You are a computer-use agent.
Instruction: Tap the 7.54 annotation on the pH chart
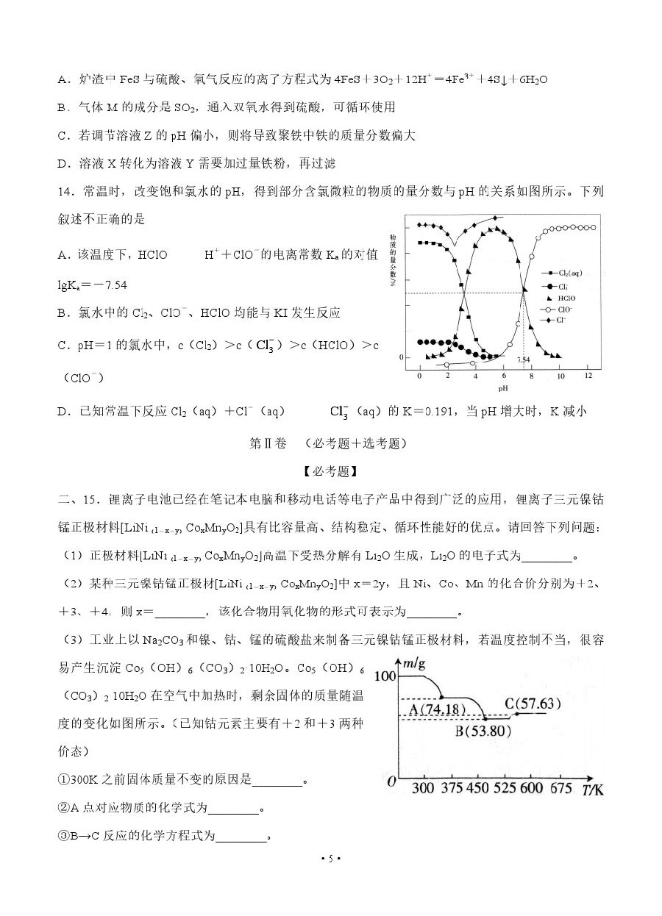coord(523,359)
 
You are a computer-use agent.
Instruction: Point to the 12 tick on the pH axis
coord(588,376)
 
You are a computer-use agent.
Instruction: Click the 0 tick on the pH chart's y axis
coord(401,357)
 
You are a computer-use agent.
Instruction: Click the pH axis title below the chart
coord(502,388)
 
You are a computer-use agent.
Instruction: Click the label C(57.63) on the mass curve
coord(533,703)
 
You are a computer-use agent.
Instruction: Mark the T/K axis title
coord(593,790)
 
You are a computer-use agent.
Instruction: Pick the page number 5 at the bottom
coord(331,859)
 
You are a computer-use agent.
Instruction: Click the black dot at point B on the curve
coord(485,718)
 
